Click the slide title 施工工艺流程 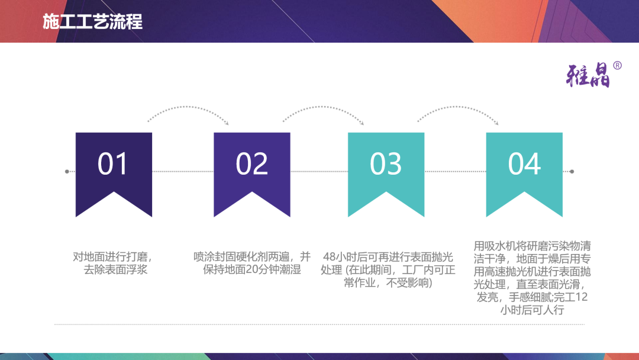(92, 21)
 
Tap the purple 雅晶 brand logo (588, 75)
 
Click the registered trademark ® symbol (617, 65)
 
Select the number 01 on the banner (113, 164)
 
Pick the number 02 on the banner (251, 164)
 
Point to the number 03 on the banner (386, 164)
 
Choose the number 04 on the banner (524, 164)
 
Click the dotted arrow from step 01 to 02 (188, 107)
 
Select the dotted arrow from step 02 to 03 (323, 107)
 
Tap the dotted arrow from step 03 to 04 (457, 107)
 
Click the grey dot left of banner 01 (67, 172)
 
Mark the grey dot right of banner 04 (572, 172)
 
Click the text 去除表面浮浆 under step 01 (115, 270)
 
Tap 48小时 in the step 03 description (339, 257)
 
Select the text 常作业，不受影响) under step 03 (388, 283)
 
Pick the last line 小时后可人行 (532, 310)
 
